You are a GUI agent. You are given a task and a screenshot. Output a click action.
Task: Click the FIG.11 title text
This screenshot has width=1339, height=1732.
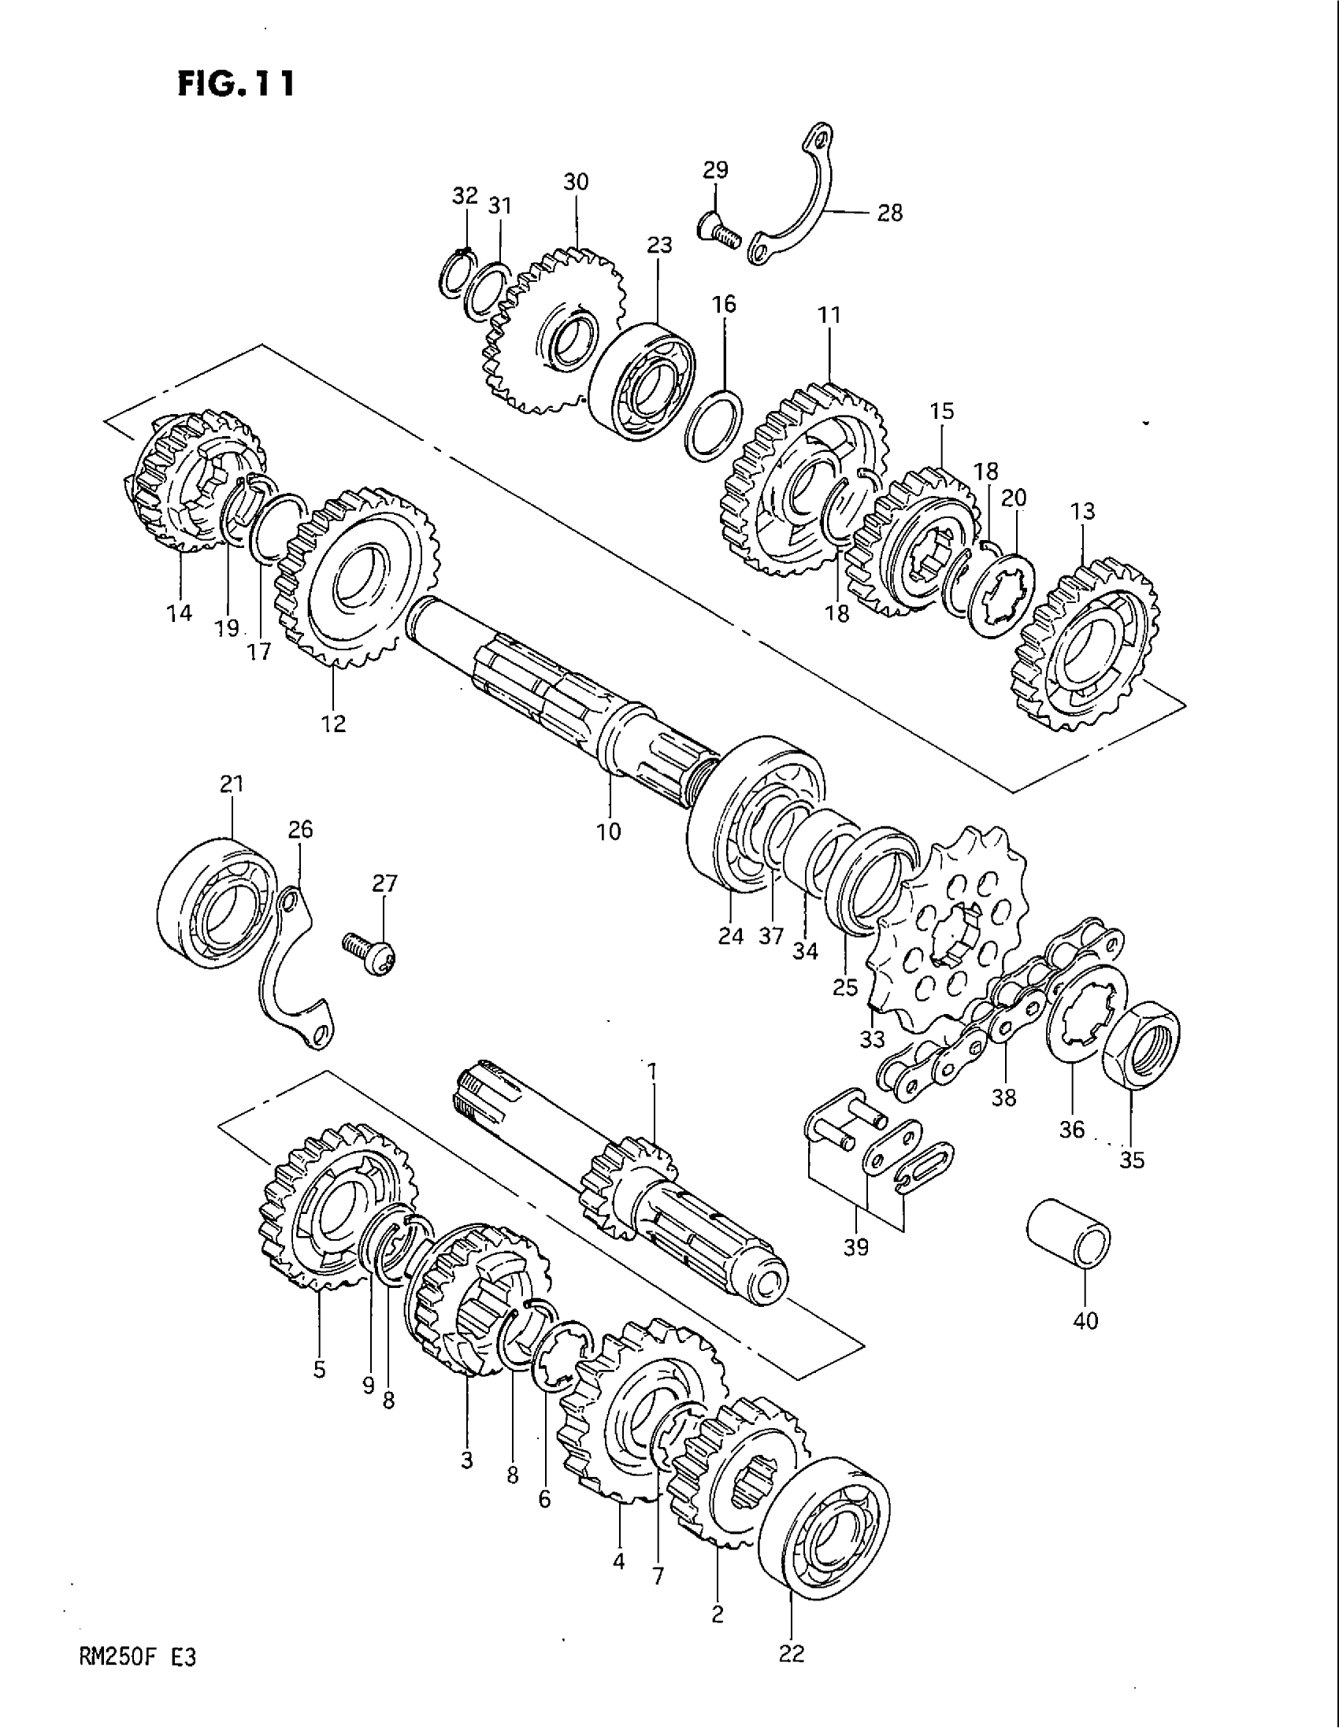pos(236,82)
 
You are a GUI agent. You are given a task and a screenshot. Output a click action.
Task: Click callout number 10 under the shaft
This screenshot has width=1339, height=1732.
pos(610,831)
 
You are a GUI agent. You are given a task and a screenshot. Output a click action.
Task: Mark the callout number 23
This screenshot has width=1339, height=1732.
pos(659,246)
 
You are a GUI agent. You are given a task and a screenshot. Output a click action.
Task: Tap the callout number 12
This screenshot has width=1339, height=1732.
pos(334,723)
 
